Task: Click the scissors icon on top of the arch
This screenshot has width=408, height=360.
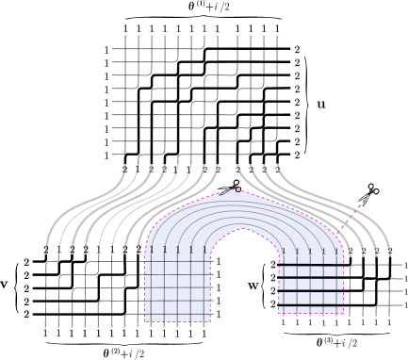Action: tap(229, 188)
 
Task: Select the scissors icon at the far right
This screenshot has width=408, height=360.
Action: tap(367, 195)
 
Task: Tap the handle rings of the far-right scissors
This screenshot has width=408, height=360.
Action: tap(372, 189)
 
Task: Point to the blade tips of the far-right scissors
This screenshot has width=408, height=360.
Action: tap(361, 204)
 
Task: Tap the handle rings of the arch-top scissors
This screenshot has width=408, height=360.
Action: tap(237, 185)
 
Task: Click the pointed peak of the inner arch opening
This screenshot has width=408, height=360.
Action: tap(244, 228)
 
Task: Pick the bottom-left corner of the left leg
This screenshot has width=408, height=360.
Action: tap(145, 321)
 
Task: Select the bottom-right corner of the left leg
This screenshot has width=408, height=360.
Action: tap(209, 321)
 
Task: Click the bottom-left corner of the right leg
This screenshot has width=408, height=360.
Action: tap(279, 311)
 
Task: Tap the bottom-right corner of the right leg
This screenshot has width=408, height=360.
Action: tap(343, 313)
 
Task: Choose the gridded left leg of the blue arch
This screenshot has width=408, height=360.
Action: tap(177, 287)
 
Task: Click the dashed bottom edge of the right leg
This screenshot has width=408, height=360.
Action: tap(311, 312)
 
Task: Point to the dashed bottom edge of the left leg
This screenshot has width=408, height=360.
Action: tap(177, 321)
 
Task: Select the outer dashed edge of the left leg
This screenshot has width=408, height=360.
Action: tap(144, 292)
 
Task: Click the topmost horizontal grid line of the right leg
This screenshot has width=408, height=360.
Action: tap(311, 266)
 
